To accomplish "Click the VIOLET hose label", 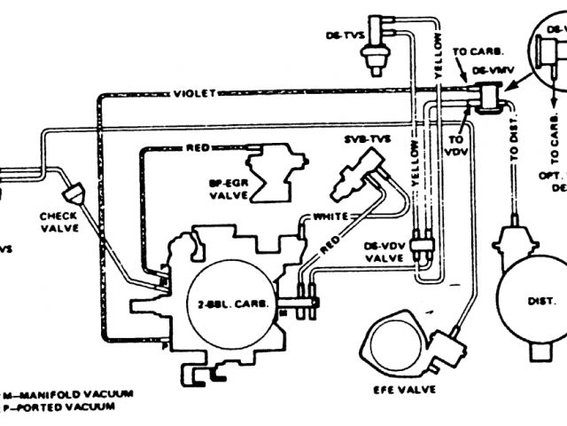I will click(x=192, y=92).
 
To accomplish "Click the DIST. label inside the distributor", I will click(x=539, y=301).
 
